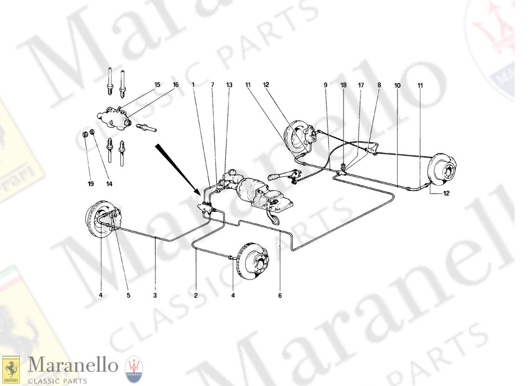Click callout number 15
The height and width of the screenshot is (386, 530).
point(157,85)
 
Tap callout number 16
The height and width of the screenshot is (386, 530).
point(175,85)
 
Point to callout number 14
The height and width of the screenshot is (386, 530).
point(109,183)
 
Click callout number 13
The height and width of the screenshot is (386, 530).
point(229,85)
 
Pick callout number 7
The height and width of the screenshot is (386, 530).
point(212,85)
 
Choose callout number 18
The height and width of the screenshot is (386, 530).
point(343,85)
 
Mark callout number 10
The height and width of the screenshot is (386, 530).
point(397,85)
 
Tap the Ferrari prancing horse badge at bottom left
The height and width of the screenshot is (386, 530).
point(11,370)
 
